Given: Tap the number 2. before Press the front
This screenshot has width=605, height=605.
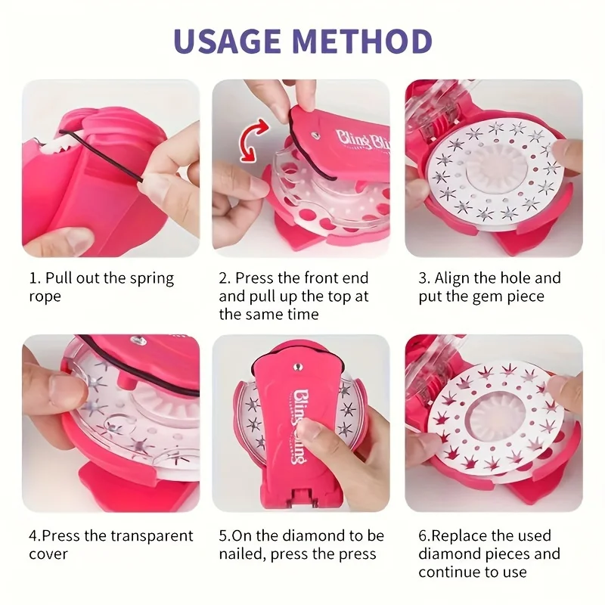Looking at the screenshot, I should click(225, 278).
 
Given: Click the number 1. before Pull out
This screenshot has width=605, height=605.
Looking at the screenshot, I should click(35, 278).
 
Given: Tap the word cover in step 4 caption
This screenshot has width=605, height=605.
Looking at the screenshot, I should click(48, 554).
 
